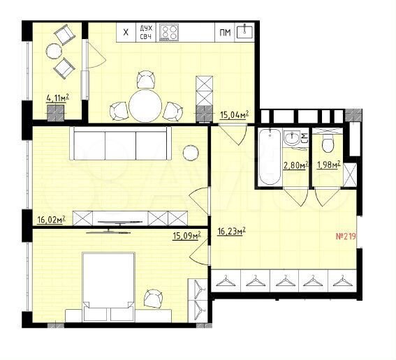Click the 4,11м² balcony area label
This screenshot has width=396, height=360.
click(61, 98)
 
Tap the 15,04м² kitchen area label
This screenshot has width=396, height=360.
click(235, 115)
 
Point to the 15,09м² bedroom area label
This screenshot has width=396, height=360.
click(186, 235)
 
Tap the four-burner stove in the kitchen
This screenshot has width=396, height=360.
click(169, 31)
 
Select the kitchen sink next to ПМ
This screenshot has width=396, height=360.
click(245, 31)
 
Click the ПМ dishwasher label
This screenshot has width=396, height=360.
click(225, 32)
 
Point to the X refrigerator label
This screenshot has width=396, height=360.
click(125, 31)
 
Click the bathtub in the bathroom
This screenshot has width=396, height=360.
click(269, 158)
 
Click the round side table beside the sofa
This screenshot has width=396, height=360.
click(190, 153)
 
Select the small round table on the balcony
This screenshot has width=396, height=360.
click(54, 50)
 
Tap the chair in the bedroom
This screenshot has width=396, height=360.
click(154, 299)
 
